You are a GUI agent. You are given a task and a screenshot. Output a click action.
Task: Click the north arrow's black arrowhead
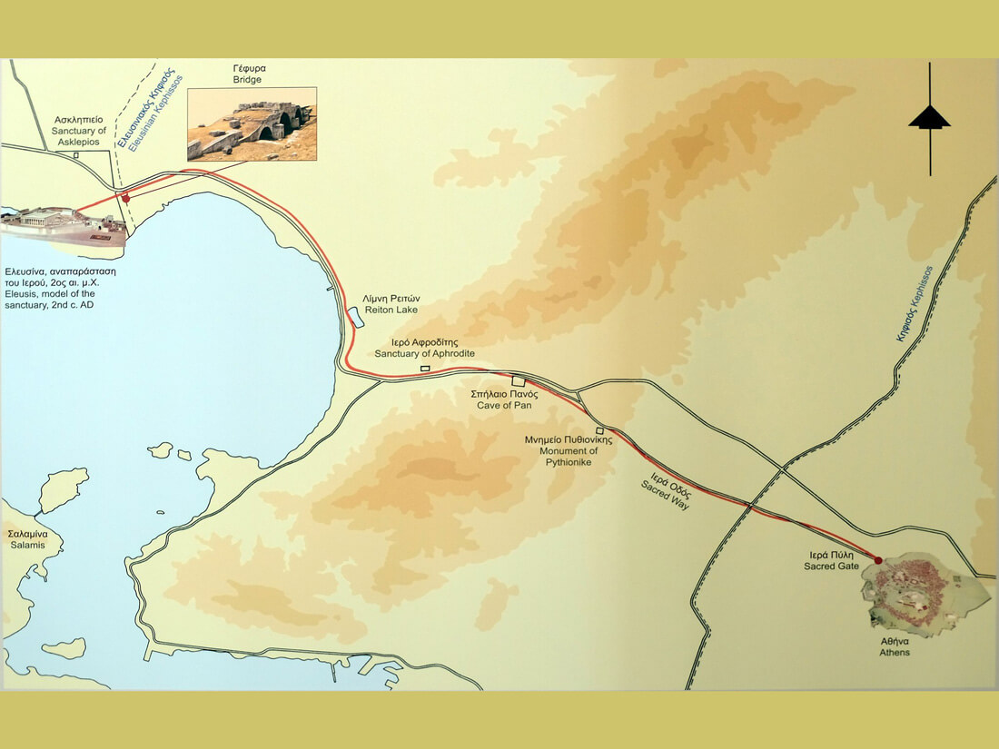tap(929, 117)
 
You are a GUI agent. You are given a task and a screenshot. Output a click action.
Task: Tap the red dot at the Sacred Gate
tap(878, 560)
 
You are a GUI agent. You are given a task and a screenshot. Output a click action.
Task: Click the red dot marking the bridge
tap(126, 197)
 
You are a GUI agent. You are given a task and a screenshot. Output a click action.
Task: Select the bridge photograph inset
tap(252, 124)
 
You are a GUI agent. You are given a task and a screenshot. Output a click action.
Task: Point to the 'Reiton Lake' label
tap(391, 304)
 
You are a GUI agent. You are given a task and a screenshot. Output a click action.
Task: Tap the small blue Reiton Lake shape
tap(354, 318)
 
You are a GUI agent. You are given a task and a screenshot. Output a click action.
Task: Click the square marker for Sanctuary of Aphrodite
tap(425, 369)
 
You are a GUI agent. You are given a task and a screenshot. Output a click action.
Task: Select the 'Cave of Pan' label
tap(504, 400)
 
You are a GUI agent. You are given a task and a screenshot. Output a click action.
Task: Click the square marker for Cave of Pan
tap(518, 381)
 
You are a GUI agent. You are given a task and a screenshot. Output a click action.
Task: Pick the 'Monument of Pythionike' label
tap(569, 445)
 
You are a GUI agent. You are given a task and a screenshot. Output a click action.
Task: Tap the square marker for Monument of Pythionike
tap(599, 430)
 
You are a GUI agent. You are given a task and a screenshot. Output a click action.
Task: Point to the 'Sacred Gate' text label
tap(831, 559)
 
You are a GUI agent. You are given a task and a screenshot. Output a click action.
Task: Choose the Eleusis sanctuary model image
tap(64, 227)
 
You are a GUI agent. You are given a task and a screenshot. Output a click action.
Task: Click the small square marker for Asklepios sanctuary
tap(76, 154)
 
